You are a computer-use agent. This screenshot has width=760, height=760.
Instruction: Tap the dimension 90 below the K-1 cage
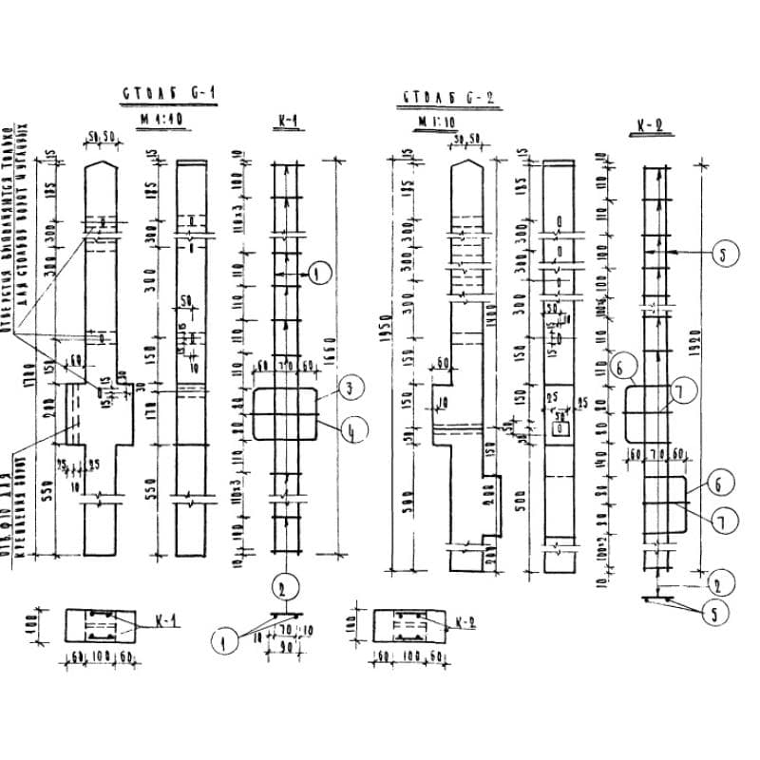285,646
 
